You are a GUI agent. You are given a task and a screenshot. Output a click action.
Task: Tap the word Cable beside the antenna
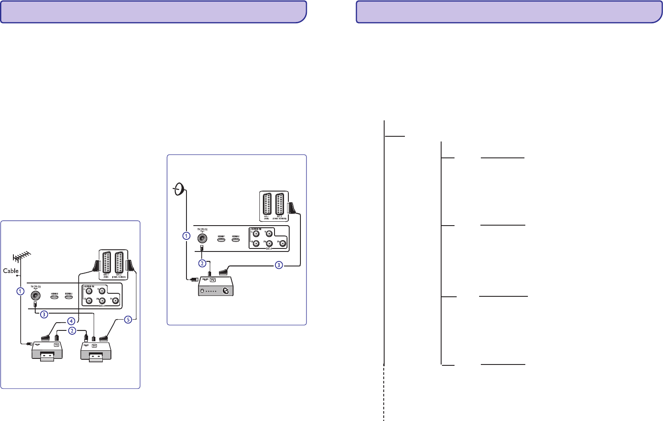(x=11, y=271)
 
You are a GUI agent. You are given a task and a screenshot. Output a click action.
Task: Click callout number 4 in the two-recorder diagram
(x=71, y=321)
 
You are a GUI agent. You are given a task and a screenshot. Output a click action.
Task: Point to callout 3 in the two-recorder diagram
(x=44, y=314)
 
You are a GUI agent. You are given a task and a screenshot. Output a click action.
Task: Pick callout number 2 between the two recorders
(x=72, y=331)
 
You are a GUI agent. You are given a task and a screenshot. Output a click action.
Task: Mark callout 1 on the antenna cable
(x=20, y=291)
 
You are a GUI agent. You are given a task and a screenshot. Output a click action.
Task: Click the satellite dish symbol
(x=180, y=189)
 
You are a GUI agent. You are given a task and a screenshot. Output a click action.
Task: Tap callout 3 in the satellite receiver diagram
(x=279, y=265)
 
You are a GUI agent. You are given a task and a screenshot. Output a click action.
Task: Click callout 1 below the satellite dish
(x=186, y=236)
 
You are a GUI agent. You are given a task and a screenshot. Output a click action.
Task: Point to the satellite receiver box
(x=215, y=286)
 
